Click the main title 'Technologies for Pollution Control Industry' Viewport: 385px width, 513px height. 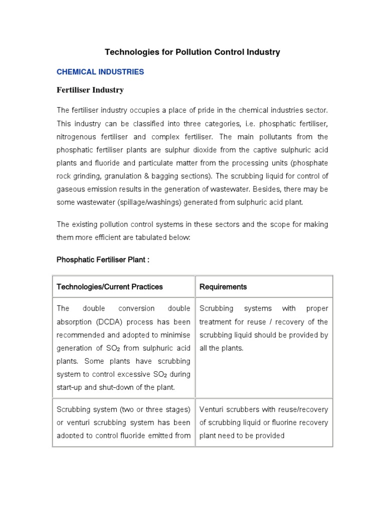click(x=192, y=52)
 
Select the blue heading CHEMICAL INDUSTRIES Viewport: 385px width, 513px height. click(x=100, y=72)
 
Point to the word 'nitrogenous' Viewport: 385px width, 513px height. click(x=76, y=136)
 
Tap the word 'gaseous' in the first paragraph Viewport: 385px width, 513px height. click(x=70, y=189)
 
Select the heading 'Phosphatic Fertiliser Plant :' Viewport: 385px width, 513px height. click(x=103, y=260)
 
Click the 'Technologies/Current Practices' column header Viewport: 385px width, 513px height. click(x=110, y=287)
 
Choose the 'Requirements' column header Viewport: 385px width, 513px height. click(x=223, y=287)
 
